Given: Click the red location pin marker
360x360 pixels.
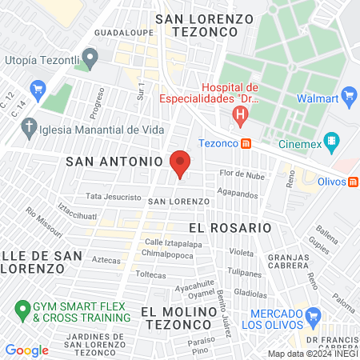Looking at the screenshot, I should coord(180,163).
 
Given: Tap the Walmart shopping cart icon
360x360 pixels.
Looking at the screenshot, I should coord(348,97).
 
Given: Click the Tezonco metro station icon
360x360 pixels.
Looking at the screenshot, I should coord(247,143).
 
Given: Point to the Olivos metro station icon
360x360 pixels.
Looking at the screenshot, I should coord(353,182).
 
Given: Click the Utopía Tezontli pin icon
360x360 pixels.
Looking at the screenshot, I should coord(90,58).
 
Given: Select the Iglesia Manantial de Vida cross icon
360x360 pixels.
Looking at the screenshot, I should coord(30,127).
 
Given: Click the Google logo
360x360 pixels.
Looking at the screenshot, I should coord(26,350).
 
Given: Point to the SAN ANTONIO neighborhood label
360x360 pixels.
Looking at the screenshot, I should coord(108,161).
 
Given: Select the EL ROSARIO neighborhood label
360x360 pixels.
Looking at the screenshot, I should coord(231,227).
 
